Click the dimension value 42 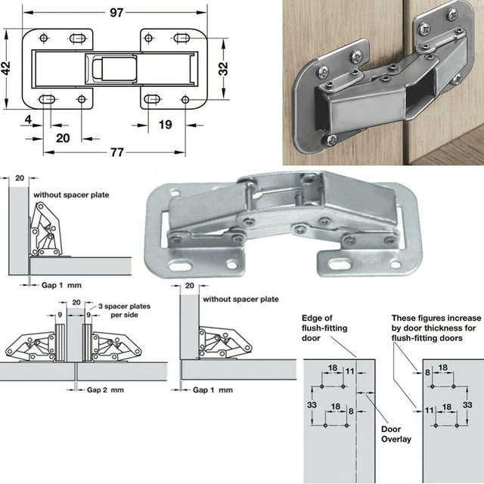[x=7, y=67]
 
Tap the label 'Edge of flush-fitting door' [x=324, y=327]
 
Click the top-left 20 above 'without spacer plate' [x=19, y=178]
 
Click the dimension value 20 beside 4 [x=63, y=138]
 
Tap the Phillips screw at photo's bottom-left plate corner [x=330, y=140]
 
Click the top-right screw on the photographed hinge [x=452, y=14]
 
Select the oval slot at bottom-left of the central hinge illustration [x=183, y=266]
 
